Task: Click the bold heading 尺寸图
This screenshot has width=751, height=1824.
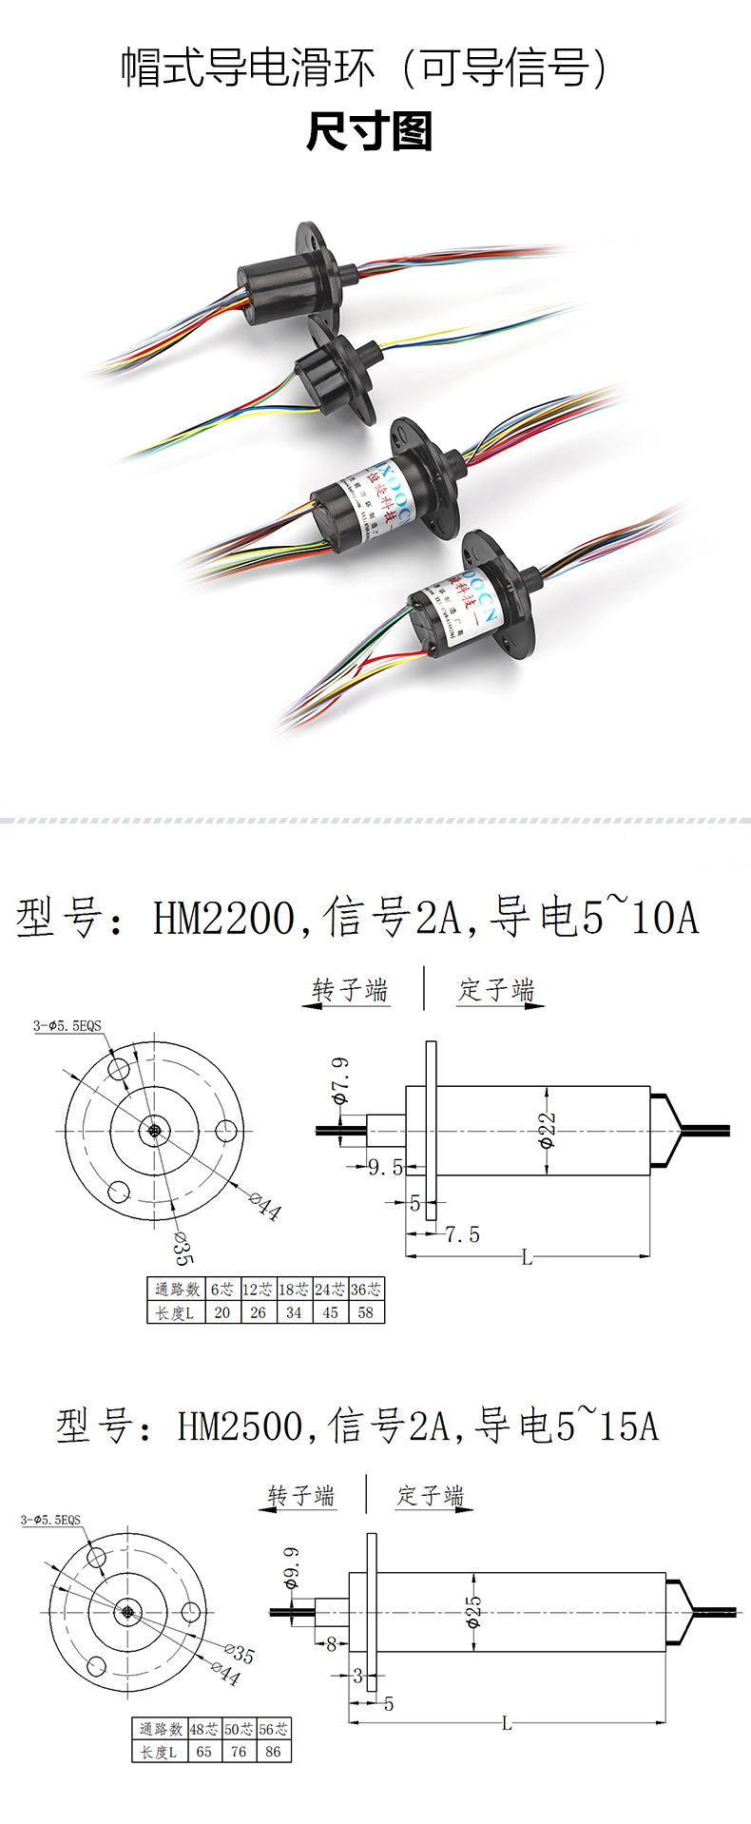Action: point(370,132)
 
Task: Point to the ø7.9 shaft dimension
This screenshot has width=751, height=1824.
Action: point(339,1078)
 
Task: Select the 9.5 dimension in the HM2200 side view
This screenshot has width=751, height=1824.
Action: point(385,1167)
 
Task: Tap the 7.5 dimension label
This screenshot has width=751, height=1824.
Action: point(462,1234)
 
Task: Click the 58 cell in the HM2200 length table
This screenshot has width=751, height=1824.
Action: point(366,1312)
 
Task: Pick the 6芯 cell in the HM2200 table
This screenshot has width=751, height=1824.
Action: point(221,1290)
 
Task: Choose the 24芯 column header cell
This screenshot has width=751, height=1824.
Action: point(330,1290)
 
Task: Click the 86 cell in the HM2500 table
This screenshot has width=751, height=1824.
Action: point(273,1751)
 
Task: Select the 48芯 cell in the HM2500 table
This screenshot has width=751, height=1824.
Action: point(203,1729)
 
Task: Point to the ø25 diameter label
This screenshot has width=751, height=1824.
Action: point(473,1611)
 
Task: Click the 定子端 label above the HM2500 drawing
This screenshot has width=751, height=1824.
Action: point(431,1496)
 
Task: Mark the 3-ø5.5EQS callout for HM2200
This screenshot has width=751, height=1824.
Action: point(67,1025)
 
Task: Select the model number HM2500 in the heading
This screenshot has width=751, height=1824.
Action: point(240,1426)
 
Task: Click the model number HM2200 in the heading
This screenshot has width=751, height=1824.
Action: point(224,919)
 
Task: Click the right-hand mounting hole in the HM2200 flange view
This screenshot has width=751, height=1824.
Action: point(226,1131)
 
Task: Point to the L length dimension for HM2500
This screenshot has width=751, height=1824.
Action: point(507,1722)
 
